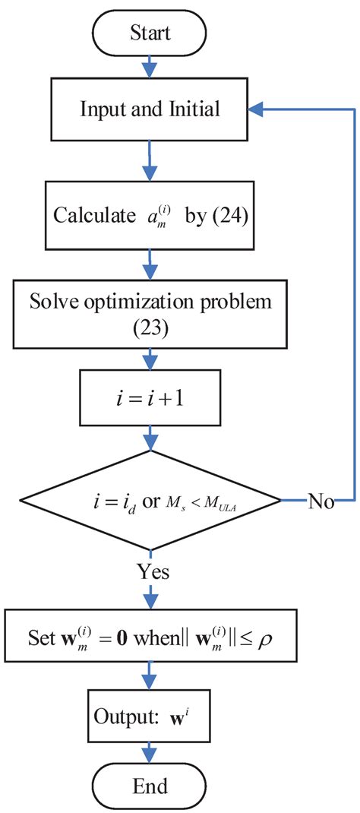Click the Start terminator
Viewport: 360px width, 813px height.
pos(150,33)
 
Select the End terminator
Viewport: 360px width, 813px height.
pos(150,784)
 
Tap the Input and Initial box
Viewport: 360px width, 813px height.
pos(150,109)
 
